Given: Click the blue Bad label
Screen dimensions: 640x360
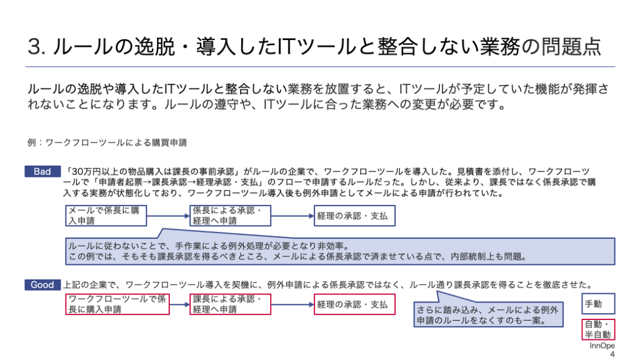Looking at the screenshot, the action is pyautogui.click(x=42, y=171).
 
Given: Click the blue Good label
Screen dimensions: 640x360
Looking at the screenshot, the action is pyautogui.click(x=42, y=285).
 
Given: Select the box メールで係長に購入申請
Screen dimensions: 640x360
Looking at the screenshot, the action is pyautogui.click(x=106, y=216).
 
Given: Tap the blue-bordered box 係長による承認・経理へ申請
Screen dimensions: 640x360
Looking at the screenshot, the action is pyautogui.click(x=230, y=216).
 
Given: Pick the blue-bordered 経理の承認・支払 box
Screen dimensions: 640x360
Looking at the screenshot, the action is pyautogui.click(x=354, y=216).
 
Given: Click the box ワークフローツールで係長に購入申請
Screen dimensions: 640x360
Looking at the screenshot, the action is pyautogui.click(x=117, y=304).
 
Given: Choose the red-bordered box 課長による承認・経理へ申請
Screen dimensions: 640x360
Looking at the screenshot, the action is pyautogui.click(x=230, y=304).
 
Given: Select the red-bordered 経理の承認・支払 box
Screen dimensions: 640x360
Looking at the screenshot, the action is pyautogui.click(x=354, y=304).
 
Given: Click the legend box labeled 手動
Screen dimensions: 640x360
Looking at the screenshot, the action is pyautogui.click(x=598, y=304).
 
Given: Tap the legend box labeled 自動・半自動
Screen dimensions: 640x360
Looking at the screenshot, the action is pyautogui.click(x=598, y=329).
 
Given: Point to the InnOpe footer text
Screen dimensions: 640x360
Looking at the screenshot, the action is pyautogui.click(x=602, y=346).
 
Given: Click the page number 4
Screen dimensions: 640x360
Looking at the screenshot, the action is pyautogui.click(x=612, y=354).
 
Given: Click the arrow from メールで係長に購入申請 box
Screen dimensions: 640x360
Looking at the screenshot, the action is pyautogui.click(x=168, y=216).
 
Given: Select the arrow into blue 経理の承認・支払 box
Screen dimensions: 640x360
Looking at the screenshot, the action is pyautogui.click(x=292, y=216).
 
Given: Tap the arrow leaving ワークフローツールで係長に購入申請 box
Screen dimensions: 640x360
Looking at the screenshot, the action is pyautogui.click(x=179, y=304).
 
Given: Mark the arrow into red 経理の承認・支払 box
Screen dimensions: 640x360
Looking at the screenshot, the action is pyautogui.click(x=292, y=304).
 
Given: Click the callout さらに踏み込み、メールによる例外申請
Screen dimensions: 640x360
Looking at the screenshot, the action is pyautogui.click(x=488, y=315).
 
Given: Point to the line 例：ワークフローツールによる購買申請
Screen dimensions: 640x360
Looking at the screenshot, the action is pyautogui.click(x=107, y=142).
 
